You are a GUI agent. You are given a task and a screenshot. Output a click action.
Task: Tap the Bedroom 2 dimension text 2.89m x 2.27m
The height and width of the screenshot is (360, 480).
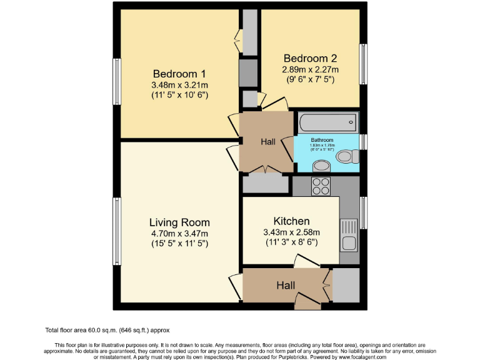[x=311, y=69]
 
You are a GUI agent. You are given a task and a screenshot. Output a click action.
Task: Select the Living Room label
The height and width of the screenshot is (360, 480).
[x=179, y=222]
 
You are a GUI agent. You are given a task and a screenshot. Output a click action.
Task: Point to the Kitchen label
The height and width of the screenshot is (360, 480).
[x=291, y=221]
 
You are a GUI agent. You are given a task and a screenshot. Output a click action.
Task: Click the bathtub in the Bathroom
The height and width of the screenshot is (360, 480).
[x=327, y=122]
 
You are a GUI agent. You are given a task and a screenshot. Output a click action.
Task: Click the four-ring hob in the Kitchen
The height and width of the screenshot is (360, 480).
[x=321, y=186]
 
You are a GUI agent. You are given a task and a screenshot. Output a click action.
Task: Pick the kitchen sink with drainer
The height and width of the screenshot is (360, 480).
[x=348, y=234]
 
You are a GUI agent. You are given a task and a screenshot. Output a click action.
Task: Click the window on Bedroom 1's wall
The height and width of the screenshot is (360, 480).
[x=116, y=81]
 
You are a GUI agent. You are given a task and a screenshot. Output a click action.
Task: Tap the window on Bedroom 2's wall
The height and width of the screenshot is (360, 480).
[x=362, y=64]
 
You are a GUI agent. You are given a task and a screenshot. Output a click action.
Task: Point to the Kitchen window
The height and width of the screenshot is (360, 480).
[x=363, y=213]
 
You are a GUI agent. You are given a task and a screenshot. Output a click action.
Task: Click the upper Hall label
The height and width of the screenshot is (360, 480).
[x=268, y=142]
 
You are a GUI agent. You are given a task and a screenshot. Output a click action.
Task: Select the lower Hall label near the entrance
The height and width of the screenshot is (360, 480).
[x=286, y=285]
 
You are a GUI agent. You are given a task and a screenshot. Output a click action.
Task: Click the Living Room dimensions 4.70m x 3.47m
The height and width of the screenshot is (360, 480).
[x=179, y=233]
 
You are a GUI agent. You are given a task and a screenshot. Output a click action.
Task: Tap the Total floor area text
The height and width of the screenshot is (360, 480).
[x=107, y=330]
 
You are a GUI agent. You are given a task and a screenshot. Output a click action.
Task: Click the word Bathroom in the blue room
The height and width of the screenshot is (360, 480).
[x=323, y=140]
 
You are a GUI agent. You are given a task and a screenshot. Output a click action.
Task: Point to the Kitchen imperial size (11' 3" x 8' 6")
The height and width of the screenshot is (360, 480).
[x=291, y=242]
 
